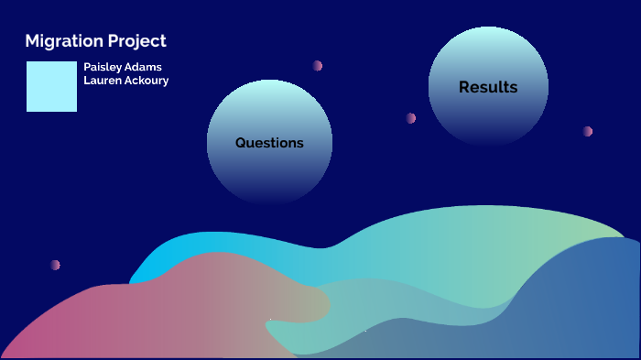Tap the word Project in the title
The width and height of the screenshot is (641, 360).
[x=136, y=41]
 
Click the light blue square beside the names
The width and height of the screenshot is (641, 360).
[x=51, y=87]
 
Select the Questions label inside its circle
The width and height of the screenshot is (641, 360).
[x=269, y=143]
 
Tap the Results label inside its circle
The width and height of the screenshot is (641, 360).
[x=488, y=88]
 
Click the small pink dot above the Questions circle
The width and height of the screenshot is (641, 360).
[x=317, y=66]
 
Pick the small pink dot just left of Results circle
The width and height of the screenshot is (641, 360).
[x=410, y=118]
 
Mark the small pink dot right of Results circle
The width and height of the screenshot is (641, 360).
[x=587, y=131]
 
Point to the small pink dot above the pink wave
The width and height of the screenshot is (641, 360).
[x=55, y=265]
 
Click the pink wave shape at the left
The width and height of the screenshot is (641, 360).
[x=137, y=311]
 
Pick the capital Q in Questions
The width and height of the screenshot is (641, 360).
[x=241, y=143]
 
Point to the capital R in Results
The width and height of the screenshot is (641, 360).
[x=464, y=88]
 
